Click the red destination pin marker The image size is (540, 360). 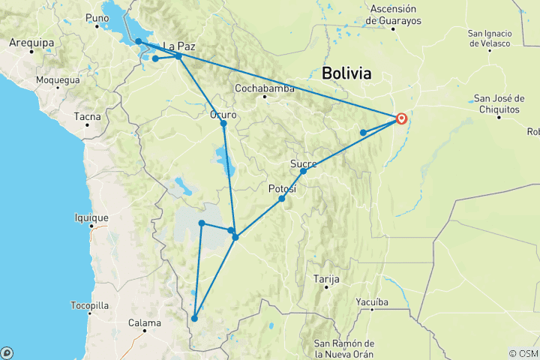coord(402,118)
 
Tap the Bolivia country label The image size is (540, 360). coord(346,73)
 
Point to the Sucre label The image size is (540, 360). coord(303,163)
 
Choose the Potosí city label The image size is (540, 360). coord(283,190)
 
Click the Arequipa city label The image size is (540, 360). coord(28,43)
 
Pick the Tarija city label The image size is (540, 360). coord(326,279)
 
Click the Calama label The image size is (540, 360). coord(145,323)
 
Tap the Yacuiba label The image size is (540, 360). coord(372,302)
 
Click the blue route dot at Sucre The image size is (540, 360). coord(303,172)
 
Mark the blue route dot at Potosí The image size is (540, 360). coord(282,199)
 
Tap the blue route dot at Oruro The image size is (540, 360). coord(223,124)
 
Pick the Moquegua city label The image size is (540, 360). coord(58,79)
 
